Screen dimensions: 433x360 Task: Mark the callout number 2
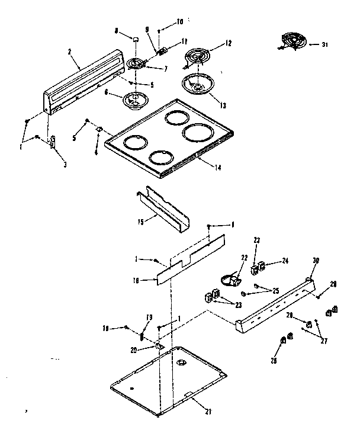pos(70,52)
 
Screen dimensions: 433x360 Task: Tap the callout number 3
pos(65,164)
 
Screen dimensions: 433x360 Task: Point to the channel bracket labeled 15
pos(163,207)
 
